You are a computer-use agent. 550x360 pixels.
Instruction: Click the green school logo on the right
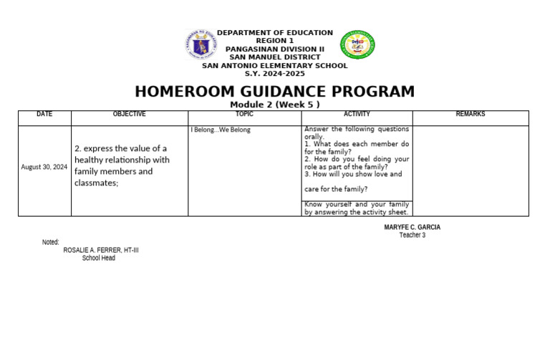coord(357,44)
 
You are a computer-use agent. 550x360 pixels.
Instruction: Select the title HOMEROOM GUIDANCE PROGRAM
coord(274,92)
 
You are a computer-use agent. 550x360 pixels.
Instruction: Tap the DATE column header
coord(44,115)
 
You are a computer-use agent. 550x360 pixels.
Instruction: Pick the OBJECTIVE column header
coord(129,115)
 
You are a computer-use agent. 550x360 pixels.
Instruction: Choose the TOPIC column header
coord(244,115)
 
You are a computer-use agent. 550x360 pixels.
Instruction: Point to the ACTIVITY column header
coord(357,115)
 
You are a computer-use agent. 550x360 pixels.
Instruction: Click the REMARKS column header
coord(470,115)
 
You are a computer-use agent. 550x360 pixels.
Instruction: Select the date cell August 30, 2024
coord(44,167)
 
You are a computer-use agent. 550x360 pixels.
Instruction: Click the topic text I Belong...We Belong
coord(221,130)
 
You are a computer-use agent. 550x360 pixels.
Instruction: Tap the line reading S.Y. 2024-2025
coord(274,74)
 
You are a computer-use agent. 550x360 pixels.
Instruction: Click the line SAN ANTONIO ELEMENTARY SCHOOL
coord(274,66)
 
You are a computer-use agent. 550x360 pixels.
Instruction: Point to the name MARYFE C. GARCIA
coord(412,228)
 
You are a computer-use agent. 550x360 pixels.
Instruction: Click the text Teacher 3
coord(412,235)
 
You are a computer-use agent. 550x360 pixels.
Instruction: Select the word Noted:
coord(50,243)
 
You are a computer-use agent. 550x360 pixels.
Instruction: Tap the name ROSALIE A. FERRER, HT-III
coord(101,250)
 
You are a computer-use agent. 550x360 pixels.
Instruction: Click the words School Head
coord(98,258)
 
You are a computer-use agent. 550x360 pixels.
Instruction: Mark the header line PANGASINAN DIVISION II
coord(274,49)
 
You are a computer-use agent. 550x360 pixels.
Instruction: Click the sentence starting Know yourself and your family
coord(356,208)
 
